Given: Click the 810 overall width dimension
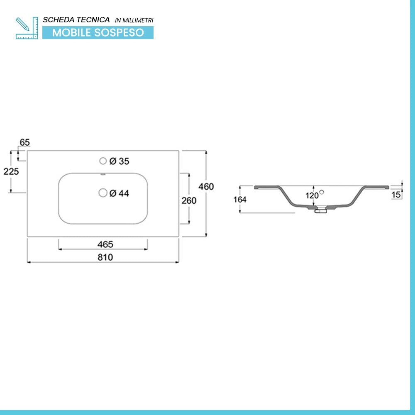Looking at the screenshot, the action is point(105,257).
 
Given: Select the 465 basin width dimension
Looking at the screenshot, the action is point(105,244).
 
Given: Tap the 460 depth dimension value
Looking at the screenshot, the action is point(206,187).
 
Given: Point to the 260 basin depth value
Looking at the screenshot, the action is point(189,200).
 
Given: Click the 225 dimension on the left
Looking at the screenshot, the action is point(11,171).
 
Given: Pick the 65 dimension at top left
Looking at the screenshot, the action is point(24,142).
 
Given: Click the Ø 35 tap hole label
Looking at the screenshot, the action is point(120,161).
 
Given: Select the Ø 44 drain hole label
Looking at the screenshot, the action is point(120,193).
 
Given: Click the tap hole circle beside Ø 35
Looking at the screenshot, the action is point(103,161).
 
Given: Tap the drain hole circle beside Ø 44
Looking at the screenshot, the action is point(103,193).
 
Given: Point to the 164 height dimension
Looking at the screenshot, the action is point(240,199).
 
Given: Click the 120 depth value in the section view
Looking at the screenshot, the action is point(312,195).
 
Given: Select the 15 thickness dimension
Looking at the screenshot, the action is point(396,195).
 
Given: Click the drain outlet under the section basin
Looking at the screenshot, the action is point(320,210).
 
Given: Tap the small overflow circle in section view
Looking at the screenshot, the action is point(322,192).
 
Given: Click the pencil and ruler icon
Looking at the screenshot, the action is point(27,28).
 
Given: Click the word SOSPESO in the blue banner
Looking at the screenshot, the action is point(119,32).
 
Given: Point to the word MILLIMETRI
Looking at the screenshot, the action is point(138,20).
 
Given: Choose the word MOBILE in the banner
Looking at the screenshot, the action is point(71,32).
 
